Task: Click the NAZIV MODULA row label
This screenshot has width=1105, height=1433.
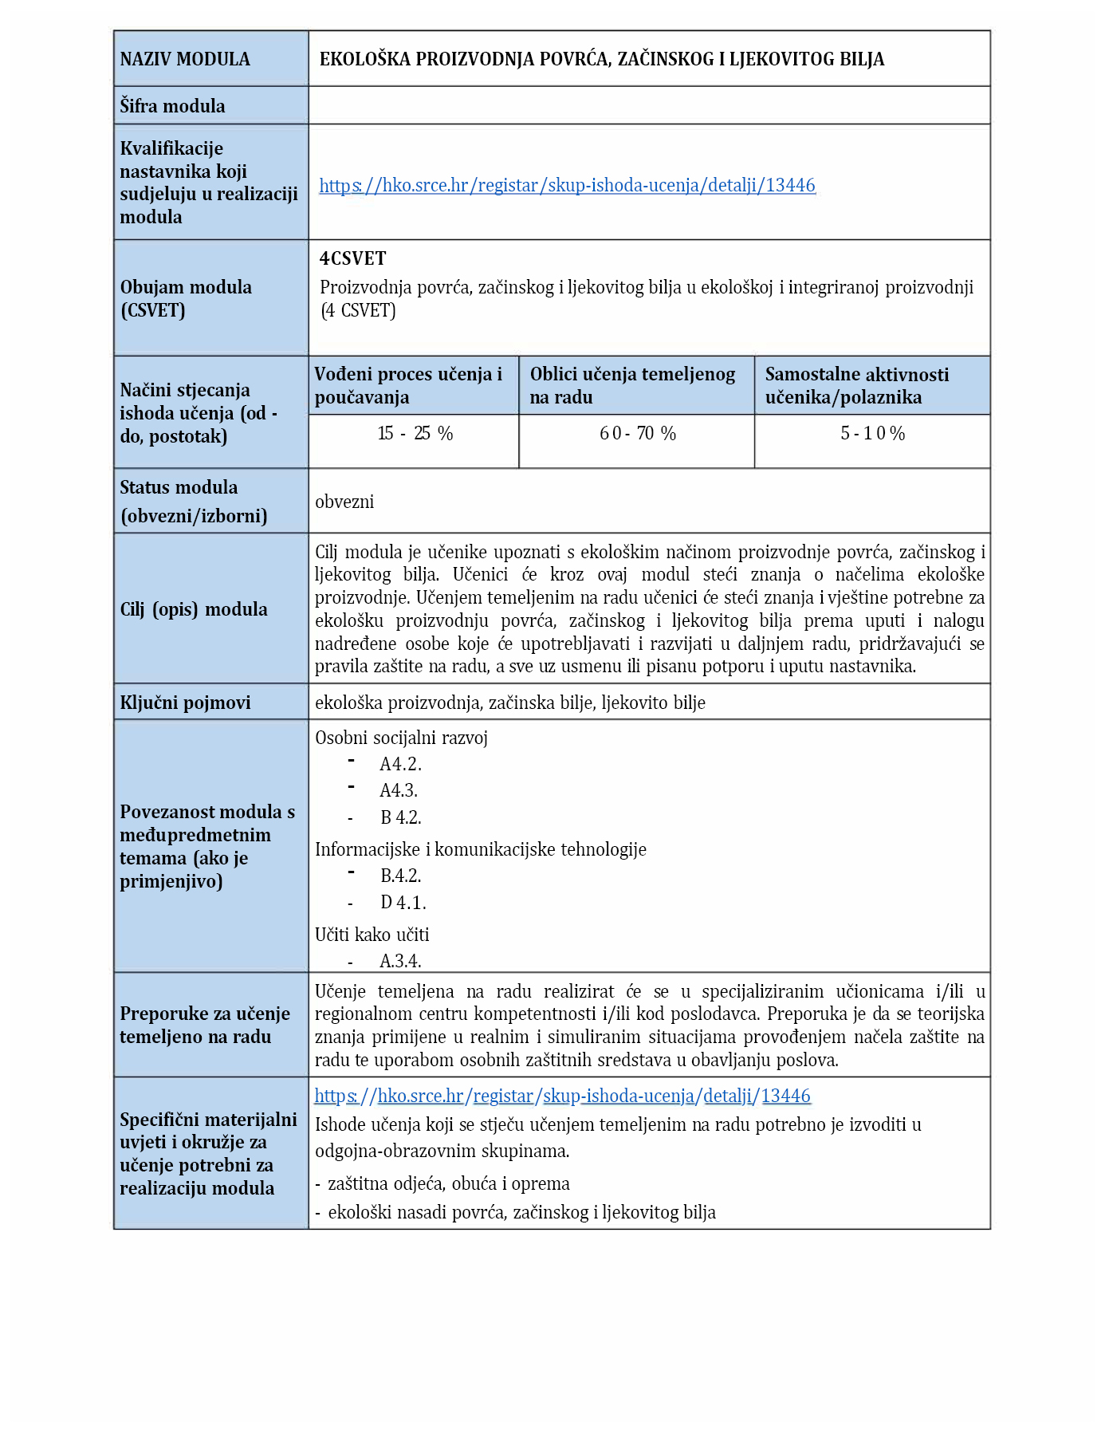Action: [185, 59]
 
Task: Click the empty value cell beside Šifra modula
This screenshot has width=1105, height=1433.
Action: [648, 105]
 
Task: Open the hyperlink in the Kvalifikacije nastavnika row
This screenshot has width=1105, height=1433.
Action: [567, 185]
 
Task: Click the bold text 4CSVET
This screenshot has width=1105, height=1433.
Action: [352, 258]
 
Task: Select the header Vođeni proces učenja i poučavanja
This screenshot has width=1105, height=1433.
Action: [408, 386]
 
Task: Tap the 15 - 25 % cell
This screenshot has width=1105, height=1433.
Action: [415, 434]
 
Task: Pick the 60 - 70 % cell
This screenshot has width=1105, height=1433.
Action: [637, 434]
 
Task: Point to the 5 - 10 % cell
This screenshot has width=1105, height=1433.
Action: [872, 434]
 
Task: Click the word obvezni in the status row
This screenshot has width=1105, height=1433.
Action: [344, 502]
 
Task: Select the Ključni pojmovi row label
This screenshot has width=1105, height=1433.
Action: [185, 703]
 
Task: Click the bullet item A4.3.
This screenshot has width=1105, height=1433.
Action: [399, 790]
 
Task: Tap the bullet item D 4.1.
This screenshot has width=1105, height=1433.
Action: [403, 903]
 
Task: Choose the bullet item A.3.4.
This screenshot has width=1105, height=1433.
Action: [400, 961]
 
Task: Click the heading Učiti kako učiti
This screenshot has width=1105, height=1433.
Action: [372, 935]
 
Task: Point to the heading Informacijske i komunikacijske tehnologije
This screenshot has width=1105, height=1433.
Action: [480, 849]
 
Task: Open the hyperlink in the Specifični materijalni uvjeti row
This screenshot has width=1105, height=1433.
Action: [562, 1096]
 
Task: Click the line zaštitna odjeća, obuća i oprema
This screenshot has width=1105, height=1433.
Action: [448, 1183]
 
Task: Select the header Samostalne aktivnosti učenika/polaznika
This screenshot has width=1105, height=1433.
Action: [857, 386]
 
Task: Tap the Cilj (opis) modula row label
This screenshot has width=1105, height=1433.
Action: [194, 609]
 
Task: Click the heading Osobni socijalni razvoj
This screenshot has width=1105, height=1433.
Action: [401, 738]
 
